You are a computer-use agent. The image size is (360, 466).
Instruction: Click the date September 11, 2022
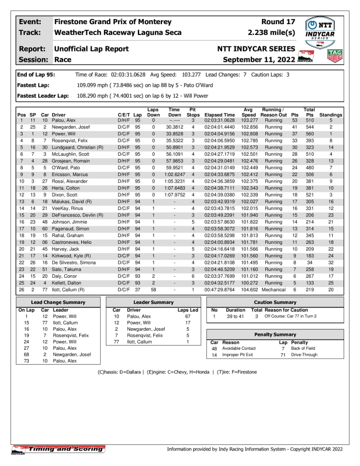[x=259, y=60]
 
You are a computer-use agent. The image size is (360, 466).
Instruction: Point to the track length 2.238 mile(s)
[x=272, y=32]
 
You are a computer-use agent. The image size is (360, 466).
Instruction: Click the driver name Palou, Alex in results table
[x=65, y=120]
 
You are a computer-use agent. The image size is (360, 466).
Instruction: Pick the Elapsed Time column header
[x=220, y=115]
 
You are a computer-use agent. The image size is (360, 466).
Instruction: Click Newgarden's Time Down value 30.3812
[x=174, y=127]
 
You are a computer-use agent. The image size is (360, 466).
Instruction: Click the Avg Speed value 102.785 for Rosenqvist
[x=249, y=140]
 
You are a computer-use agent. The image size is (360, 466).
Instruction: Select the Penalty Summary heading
[x=276, y=334]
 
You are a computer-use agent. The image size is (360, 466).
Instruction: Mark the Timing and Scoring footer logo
[x=58, y=449]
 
